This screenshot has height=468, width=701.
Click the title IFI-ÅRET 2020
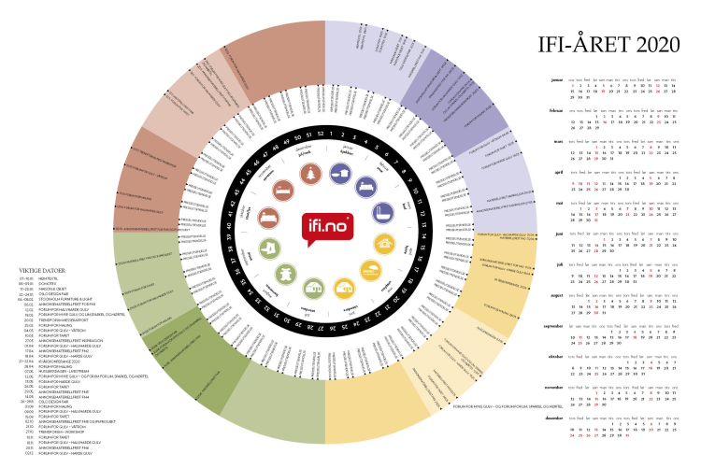(605, 45)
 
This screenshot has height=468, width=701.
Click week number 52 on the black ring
(321, 134)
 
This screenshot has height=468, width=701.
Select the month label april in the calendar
(558, 172)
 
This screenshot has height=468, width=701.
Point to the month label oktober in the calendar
(556, 355)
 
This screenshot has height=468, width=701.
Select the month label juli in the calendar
(560, 263)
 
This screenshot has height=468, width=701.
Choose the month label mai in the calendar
(560, 203)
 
